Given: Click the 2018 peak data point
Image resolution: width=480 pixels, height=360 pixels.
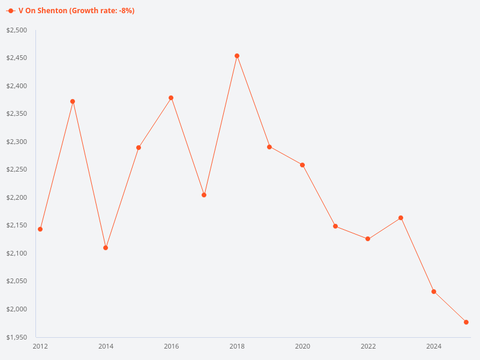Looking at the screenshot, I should tap(237, 56).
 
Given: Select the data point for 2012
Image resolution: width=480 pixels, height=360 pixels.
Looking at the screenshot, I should tap(40, 229).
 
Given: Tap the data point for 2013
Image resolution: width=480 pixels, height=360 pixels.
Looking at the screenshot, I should tap(73, 101).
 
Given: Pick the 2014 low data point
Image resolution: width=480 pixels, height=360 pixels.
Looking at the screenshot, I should tap(106, 248).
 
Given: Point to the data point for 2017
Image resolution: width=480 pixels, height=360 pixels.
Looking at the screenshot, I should tap(204, 195).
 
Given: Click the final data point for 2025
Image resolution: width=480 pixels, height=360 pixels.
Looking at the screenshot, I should tap(466, 322).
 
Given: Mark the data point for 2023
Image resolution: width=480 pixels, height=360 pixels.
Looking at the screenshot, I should tap(401, 218).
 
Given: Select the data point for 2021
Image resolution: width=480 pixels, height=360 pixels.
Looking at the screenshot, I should tap(335, 226).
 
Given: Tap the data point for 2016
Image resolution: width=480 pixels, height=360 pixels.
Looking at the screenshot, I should tap(171, 98).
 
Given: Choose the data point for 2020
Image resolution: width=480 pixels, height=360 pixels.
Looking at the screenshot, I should tap(302, 165).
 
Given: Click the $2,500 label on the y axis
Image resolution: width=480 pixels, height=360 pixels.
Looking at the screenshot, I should tap(16, 30).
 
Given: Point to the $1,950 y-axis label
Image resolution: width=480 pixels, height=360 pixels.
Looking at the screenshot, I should tap(16, 337).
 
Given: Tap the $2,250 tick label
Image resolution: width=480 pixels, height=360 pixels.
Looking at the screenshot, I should tap(16, 170).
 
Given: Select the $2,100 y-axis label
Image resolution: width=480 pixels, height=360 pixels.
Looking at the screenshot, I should tap(16, 253).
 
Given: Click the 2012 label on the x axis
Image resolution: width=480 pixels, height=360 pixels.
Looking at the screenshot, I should tap(40, 346).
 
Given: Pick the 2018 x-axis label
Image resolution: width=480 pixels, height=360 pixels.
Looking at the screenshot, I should tap(237, 346).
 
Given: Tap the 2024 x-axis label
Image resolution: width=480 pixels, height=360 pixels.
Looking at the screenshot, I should tap(434, 346).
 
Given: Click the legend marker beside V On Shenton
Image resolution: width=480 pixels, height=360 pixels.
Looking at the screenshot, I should tap(11, 11).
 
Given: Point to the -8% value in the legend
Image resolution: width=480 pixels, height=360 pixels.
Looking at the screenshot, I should tap(124, 11).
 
